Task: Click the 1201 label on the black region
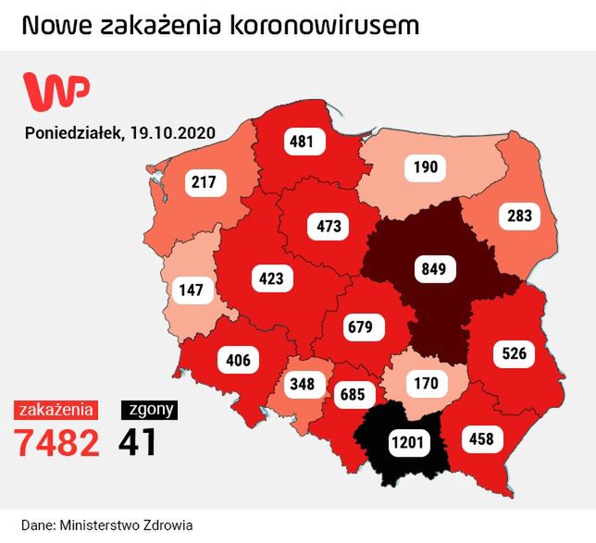(x=407, y=442)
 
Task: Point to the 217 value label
(x=204, y=182)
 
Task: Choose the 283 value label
(x=520, y=217)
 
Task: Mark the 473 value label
(x=329, y=225)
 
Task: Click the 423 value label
(x=271, y=277)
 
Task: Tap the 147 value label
(x=190, y=290)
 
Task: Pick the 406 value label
(x=238, y=359)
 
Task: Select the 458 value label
(x=481, y=438)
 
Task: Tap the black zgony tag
(x=149, y=408)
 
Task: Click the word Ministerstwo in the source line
(x=104, y=524)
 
